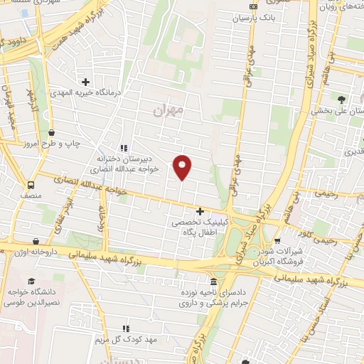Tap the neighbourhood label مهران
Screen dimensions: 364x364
[x=168, y=109]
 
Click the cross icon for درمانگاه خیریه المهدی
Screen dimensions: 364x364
[x=86, y=82]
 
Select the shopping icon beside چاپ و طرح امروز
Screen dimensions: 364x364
[x=51, y=132]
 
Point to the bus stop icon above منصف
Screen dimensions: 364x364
[x=31, y=182]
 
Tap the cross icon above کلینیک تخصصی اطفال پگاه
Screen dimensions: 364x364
[x=200, y=210]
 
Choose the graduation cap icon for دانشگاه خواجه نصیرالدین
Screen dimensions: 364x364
[x=31, y=282]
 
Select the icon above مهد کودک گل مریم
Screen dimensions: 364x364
[x=124, y=328]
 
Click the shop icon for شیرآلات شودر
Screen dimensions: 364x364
[x=277, y=240]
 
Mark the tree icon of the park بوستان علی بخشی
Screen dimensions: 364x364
[x=342, y=99]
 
